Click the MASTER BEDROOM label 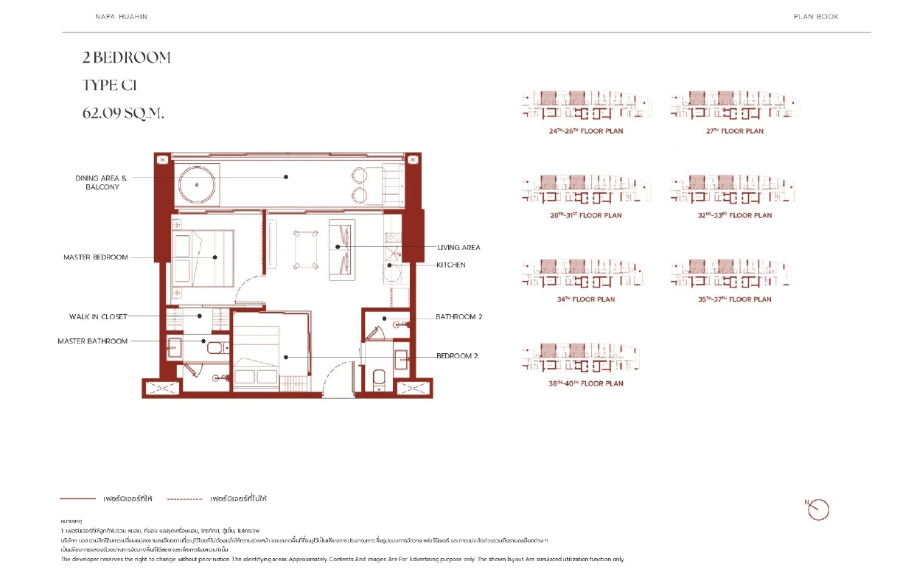[x=95, y=257]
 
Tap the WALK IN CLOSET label [x=98, y=316]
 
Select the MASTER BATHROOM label [x=92, y=341]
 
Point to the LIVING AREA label [x=458, y=248]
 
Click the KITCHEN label [x=451, y=265]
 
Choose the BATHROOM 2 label [x=458, y=317]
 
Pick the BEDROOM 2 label [x=457, y=356]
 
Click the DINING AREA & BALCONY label [x=102, y=182]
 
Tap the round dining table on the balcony [x=197, y=181]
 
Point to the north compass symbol [x=818, y=509]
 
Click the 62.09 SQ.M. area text [x=123, y=114]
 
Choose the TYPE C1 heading [x=110, y=86]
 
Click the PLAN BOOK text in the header [x=816, y=17]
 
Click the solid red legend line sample [x=78, y=499]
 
